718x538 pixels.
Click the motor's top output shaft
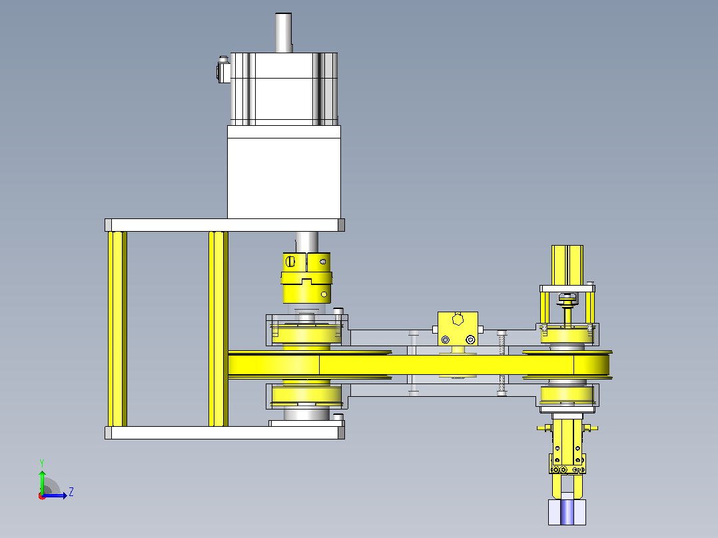(284, 33)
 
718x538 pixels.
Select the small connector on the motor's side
(223, 70)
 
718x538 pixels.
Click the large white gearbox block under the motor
(284, 172)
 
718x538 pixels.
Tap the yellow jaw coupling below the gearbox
(306, 278)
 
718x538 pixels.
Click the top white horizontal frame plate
(224, 225)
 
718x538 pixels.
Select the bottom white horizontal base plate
(224, 433)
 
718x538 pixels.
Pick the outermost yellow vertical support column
(117, 329)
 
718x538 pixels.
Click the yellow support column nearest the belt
(218, 329)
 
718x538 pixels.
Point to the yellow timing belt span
(418, 365)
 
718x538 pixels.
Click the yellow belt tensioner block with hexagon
(458, 329)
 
